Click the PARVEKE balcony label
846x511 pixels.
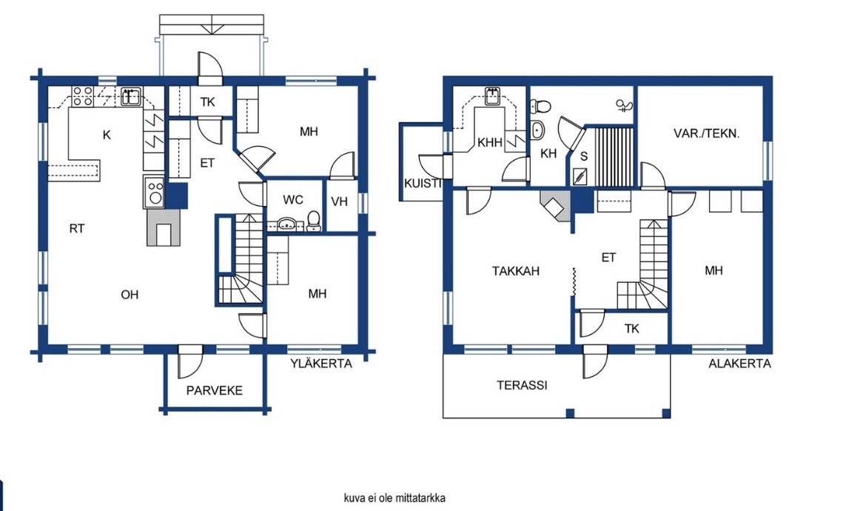coord(214,390)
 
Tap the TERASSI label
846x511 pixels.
coord(522,385)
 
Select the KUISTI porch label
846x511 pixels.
coord(423,184)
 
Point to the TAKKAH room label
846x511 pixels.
coord(515,271)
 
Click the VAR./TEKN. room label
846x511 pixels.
coord(706,133)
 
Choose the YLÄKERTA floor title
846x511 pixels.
coord(321,363)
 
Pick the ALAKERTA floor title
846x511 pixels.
coord(739,364)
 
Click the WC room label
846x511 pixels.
coord(293,200)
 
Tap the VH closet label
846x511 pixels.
coord(340,202)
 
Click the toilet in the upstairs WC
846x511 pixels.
coord(314,221)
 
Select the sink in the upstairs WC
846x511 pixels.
coord(286,224)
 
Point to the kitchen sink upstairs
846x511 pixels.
coord(130,96)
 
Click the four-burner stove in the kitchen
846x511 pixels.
coord(83,96)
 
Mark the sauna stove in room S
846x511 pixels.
coord(580,176)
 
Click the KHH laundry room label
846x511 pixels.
coord(490,143)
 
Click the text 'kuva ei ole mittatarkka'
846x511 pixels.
coord(395,498)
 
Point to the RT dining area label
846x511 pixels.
coord(77,229)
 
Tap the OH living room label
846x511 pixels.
coord(130,295)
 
